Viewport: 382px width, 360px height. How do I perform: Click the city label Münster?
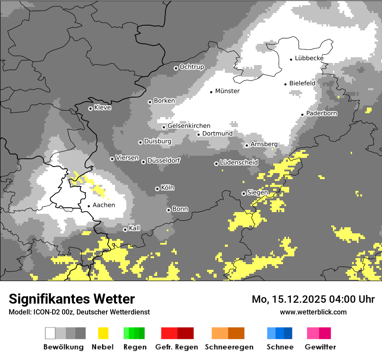[x=227, y=91]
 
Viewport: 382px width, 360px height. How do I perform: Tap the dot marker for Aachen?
[x=89, y=206]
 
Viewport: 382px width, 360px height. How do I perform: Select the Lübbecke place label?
[x=309, y=58]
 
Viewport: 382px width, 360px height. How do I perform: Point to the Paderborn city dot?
[x=303, y=115]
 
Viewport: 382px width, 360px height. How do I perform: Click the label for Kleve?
[x=103, y=108]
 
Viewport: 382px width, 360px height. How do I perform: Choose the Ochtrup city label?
[x=192, y=67]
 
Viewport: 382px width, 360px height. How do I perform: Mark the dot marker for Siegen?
[x=244, y=193]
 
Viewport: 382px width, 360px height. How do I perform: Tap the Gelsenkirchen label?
[x=189, y=126]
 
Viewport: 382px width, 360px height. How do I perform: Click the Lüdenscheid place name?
[x=239, y=162]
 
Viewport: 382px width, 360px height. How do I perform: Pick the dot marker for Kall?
[x=125, y=229]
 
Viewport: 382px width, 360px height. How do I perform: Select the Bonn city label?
[x=180, y=209]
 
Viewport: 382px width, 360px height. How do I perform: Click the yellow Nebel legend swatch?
[x=103, y=333]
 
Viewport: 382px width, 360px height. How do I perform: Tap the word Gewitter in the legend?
[x=320, y=347]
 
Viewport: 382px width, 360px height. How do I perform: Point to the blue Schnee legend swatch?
[x=280, y=333]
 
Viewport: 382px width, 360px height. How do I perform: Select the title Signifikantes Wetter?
[x=72, y=299]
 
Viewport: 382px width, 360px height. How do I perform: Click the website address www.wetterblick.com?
[x=313, y=312]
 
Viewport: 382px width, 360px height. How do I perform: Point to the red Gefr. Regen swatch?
[x=177, y=333]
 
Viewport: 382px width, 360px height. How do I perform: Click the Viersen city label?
[x=127, y=158]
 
